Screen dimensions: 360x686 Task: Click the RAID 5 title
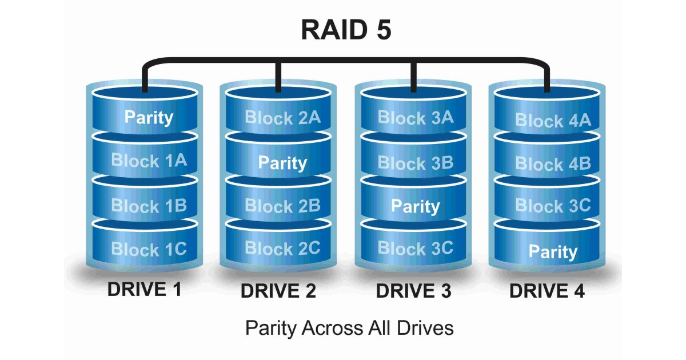pos(346,30)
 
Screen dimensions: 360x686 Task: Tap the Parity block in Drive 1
pos(149,117)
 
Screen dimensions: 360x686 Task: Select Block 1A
pos(149,161)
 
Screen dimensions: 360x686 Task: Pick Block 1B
pos(149,206)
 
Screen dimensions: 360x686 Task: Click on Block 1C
pos(149,249)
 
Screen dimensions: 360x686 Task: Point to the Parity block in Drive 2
pos(282,163)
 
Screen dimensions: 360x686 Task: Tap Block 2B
pos(282,206)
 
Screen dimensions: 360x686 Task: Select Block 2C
pos(282,248)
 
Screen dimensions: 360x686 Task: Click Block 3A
pos(416,118)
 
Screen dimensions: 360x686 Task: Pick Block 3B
pos(416,163)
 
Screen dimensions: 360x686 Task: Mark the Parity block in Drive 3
pos(416,206)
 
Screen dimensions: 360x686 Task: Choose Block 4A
pos(553,121)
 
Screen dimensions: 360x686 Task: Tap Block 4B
pos(553,165)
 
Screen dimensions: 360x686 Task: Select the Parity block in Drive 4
pos(553,251)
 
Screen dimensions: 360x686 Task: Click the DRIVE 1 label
pos(145,290)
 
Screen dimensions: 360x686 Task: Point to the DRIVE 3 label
pos(413,291)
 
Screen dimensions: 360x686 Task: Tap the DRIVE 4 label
pos(547,291)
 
